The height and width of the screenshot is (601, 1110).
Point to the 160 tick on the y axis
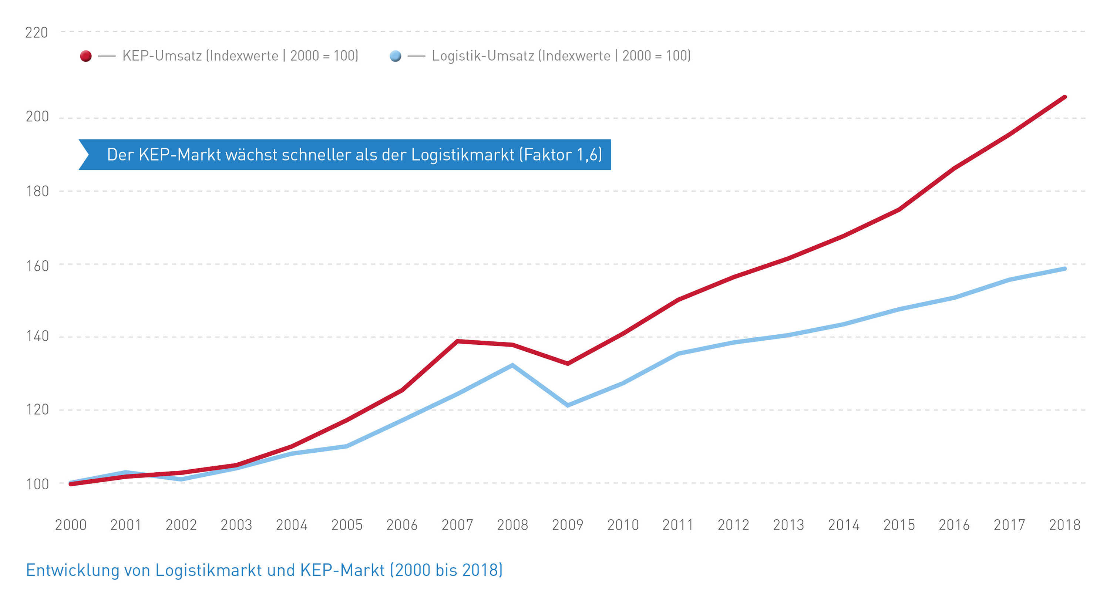point(37,266)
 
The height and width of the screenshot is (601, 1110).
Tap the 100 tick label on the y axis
point(37,484)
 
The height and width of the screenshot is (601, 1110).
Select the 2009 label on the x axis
point(568,525)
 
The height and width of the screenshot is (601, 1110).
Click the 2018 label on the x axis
point(1064,525)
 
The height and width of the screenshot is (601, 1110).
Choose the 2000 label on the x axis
point(71,525)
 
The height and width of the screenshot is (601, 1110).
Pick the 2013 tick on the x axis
point(788,525)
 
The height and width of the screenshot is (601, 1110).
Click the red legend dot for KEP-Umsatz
point(86,56)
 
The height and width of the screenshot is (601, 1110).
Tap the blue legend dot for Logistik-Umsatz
point(395,56)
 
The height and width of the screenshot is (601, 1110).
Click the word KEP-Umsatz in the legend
point(162,56)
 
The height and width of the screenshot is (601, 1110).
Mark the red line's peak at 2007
point(457,341)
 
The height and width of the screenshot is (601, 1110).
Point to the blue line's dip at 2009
point(568,405)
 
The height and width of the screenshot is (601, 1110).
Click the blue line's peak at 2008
point(512,365)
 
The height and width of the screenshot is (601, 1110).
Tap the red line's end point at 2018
point(1065,97)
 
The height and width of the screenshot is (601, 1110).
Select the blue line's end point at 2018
point(1065,269)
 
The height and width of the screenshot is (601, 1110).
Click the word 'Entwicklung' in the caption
point(73,570)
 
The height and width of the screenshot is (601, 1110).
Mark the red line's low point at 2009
point(568,364)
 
